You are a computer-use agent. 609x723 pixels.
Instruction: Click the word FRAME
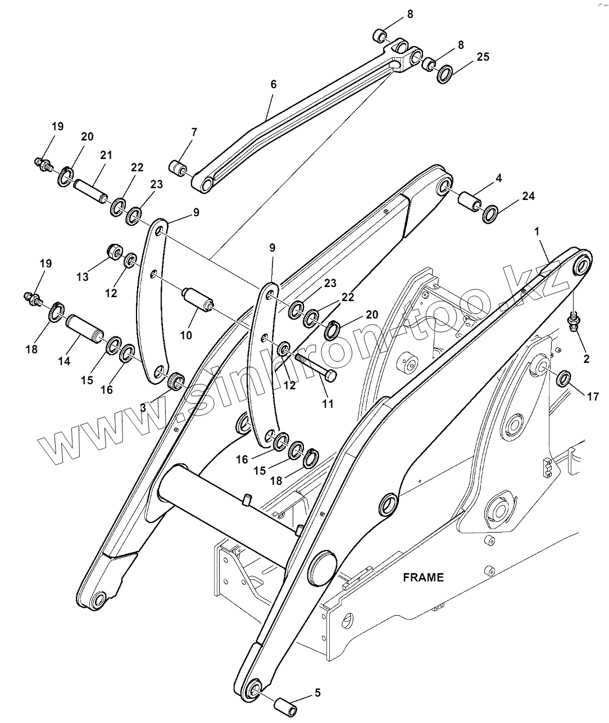point(423,577)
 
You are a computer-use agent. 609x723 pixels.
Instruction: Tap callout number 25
point(483,57)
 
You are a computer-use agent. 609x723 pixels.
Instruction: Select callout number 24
point(528,196)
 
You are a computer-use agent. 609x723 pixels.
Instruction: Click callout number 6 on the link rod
point(274,85)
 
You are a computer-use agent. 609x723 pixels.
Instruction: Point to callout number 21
point(106,155)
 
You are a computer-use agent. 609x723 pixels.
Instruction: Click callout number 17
point(593,397)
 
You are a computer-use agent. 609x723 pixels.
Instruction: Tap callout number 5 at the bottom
point(317,693)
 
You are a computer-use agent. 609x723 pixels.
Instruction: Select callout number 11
point(328,403)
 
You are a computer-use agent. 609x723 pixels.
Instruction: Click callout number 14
point(65,361)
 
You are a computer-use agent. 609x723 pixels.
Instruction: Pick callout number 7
point(194,133)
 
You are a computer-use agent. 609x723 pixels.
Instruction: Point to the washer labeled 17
point(563,379)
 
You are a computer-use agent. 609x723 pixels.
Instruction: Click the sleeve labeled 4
point(470,202)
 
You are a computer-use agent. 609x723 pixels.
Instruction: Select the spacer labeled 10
point(198,298)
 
